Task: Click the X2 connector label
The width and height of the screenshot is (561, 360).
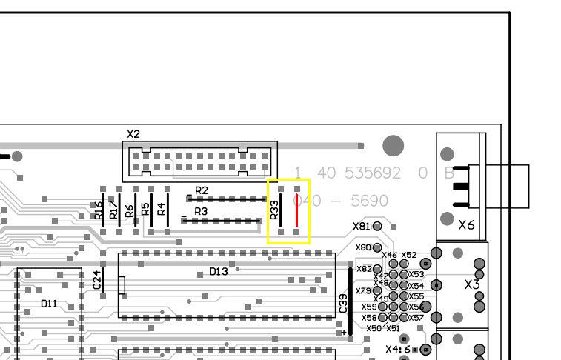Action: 133,134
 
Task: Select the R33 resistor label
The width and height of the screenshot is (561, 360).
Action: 275,210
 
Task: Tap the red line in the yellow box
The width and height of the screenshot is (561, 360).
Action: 297,212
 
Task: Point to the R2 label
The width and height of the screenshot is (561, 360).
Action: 201,191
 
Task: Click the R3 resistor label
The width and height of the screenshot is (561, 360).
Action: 201,212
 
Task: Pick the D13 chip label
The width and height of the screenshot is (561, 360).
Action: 219,272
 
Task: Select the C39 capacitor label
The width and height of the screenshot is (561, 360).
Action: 343,303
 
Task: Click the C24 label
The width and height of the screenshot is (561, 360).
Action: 96,279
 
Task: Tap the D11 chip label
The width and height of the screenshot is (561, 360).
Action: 49,304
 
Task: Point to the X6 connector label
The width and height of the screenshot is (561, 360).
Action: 466,224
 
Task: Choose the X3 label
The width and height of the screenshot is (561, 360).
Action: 472,284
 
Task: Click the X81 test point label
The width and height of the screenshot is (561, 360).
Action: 361,226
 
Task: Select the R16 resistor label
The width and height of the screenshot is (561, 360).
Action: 99,210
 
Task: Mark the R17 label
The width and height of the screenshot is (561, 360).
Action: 113,210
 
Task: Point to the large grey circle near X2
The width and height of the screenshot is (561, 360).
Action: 393,146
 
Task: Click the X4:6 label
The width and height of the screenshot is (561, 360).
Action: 397,349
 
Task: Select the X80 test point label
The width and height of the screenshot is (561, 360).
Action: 363,247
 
